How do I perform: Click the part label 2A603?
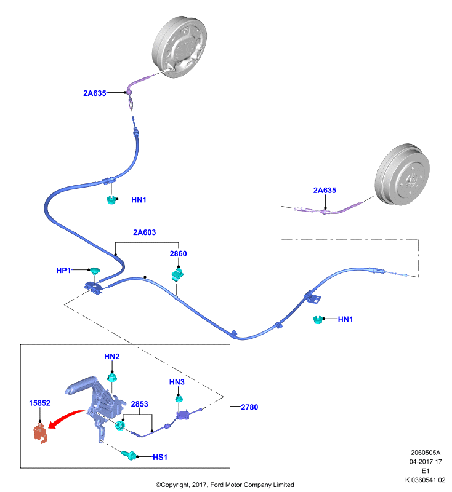pos(145,232)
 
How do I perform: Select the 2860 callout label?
pos(178,253)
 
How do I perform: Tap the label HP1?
pos(63,270)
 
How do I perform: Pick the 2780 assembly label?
pos(249,407)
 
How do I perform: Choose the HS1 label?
pos(160,457)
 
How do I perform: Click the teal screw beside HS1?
pos(129,455)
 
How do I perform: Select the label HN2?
pos(112,357)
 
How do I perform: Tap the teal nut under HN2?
pos(112,377)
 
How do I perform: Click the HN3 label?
pos(177,382)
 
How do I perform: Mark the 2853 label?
pos(139,404)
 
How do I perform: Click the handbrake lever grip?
pos(81,384)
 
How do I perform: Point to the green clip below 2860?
pos(177,274)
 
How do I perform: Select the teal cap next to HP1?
pos(94,271)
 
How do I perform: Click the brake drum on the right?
pos(402,175)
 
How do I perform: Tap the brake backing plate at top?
pos(179,47)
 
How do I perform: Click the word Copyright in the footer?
pos(175,485)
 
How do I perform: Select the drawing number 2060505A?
pos(426,453)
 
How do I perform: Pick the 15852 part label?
pos(39,403)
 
